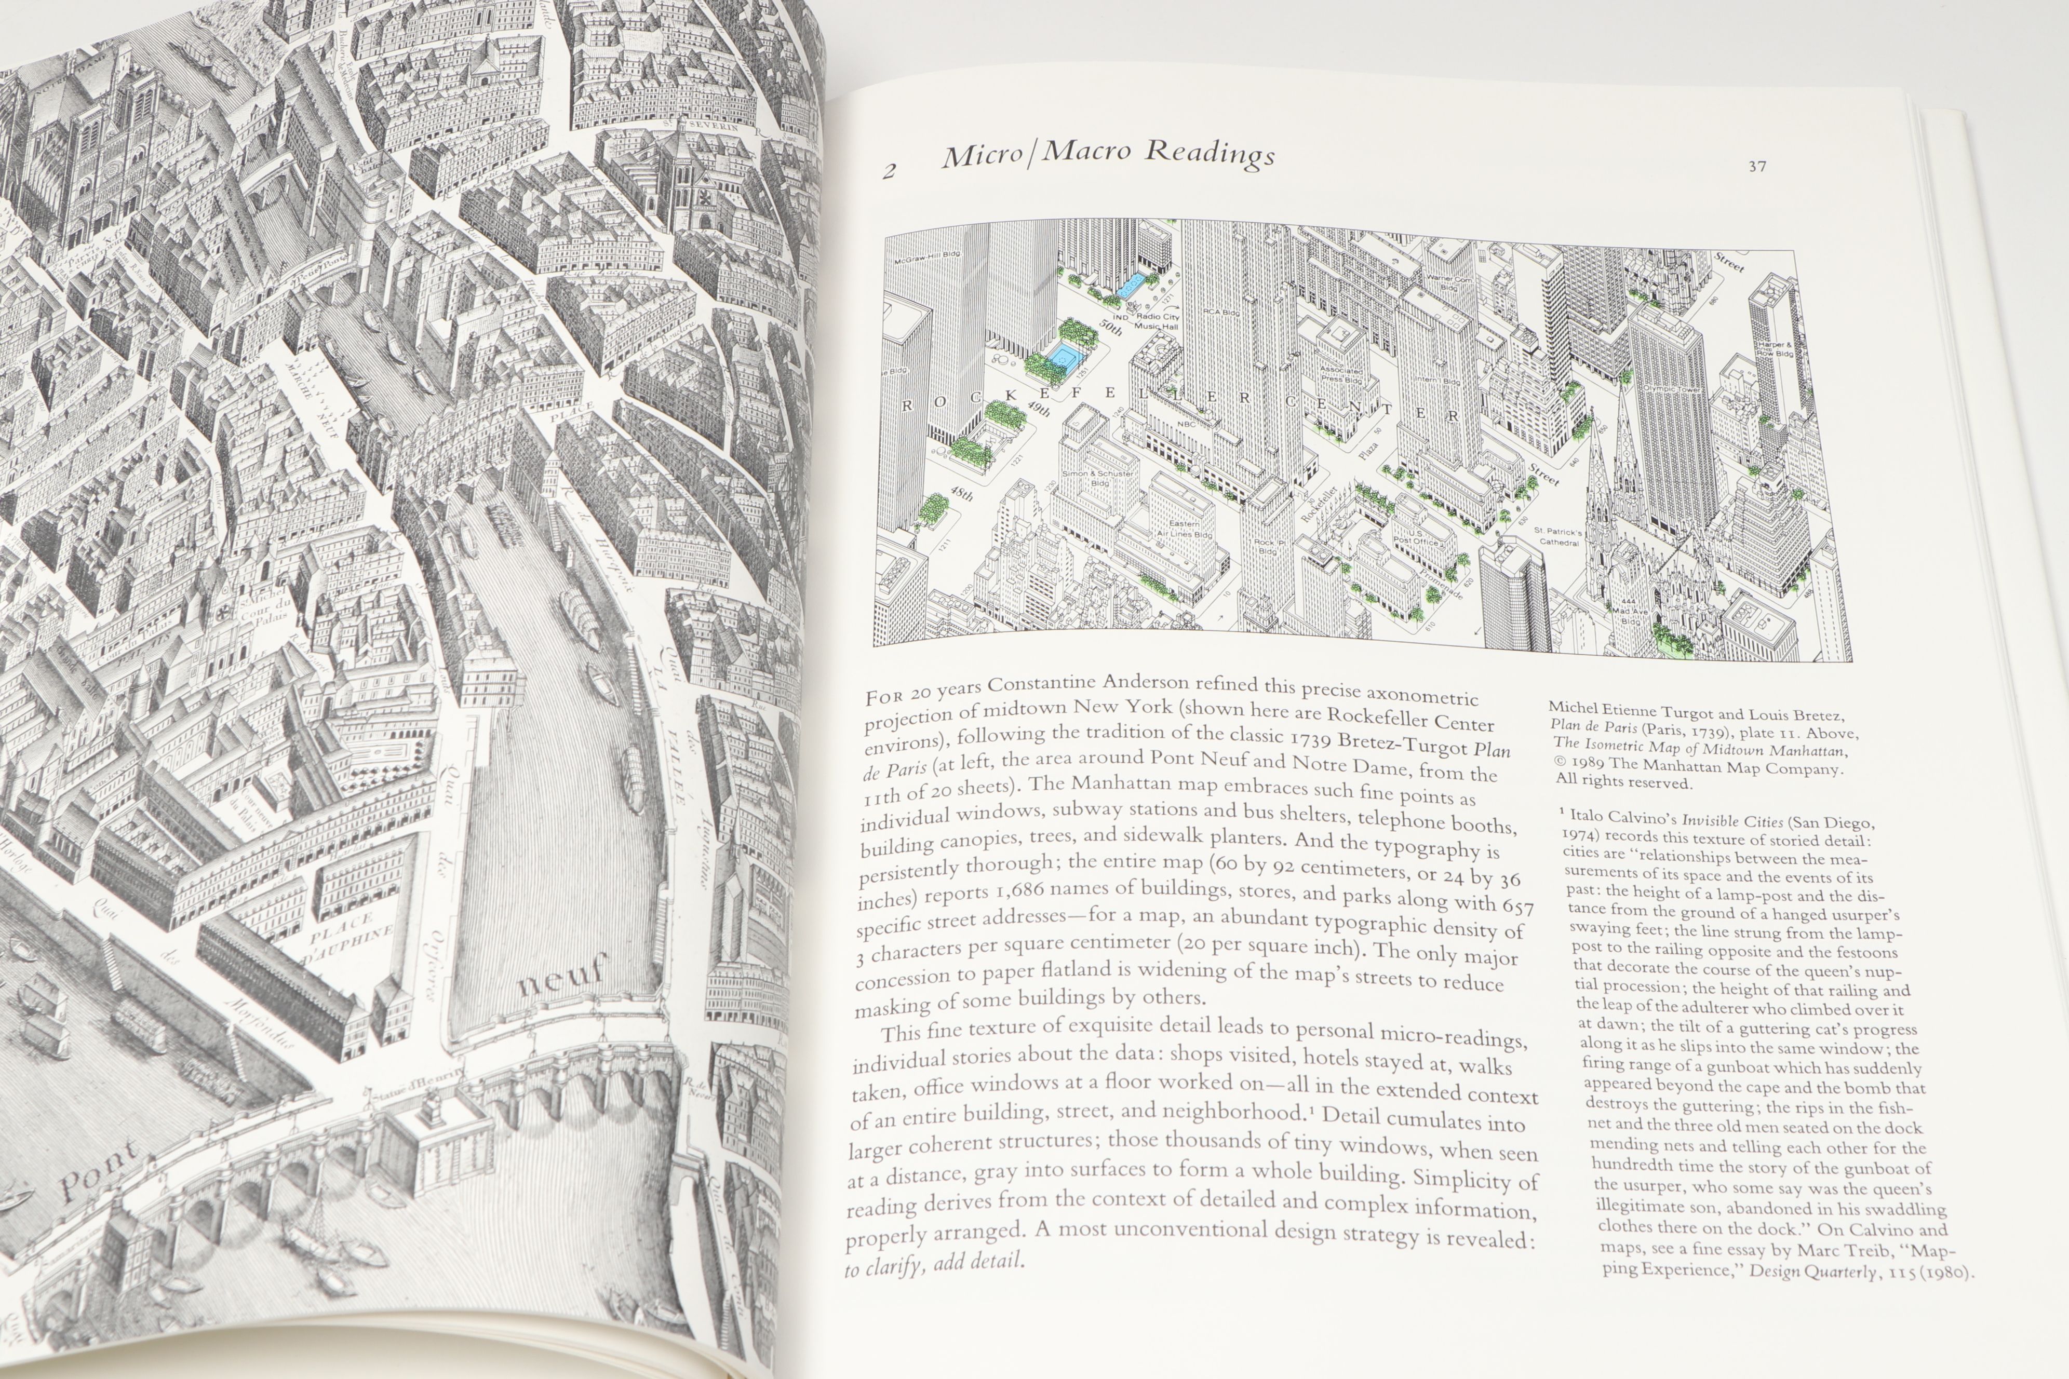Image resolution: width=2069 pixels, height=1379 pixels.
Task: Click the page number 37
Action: (x=1757, y=166)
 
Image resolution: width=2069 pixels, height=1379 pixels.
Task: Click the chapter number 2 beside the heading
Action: (x=890, y=171)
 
